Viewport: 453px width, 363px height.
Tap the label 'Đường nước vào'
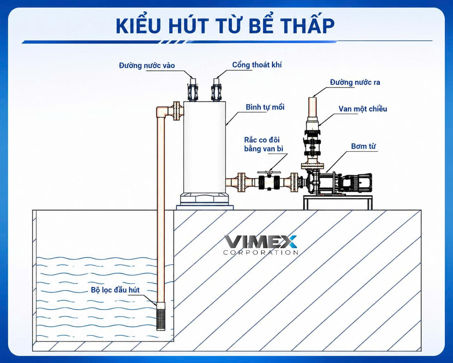click(147, 65)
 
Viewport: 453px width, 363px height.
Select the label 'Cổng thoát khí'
click(257, 65)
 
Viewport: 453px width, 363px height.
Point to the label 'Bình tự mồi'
click(265, 107)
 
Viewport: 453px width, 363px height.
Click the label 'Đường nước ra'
click(355, 82)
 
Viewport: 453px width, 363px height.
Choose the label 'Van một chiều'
click(363, 109)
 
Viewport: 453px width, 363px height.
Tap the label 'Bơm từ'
click(363, 146)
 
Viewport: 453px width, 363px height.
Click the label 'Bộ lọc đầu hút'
click(115, 290)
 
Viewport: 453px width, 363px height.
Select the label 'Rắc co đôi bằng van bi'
click(264, 144)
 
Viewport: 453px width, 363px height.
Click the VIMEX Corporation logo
click(261, 245)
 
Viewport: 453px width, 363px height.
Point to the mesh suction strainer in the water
click(161, 319)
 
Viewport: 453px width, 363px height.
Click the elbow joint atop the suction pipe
click(163, 112)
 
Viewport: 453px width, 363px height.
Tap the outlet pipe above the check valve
click(312, 107)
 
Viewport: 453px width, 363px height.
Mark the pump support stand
click(338, 203)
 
